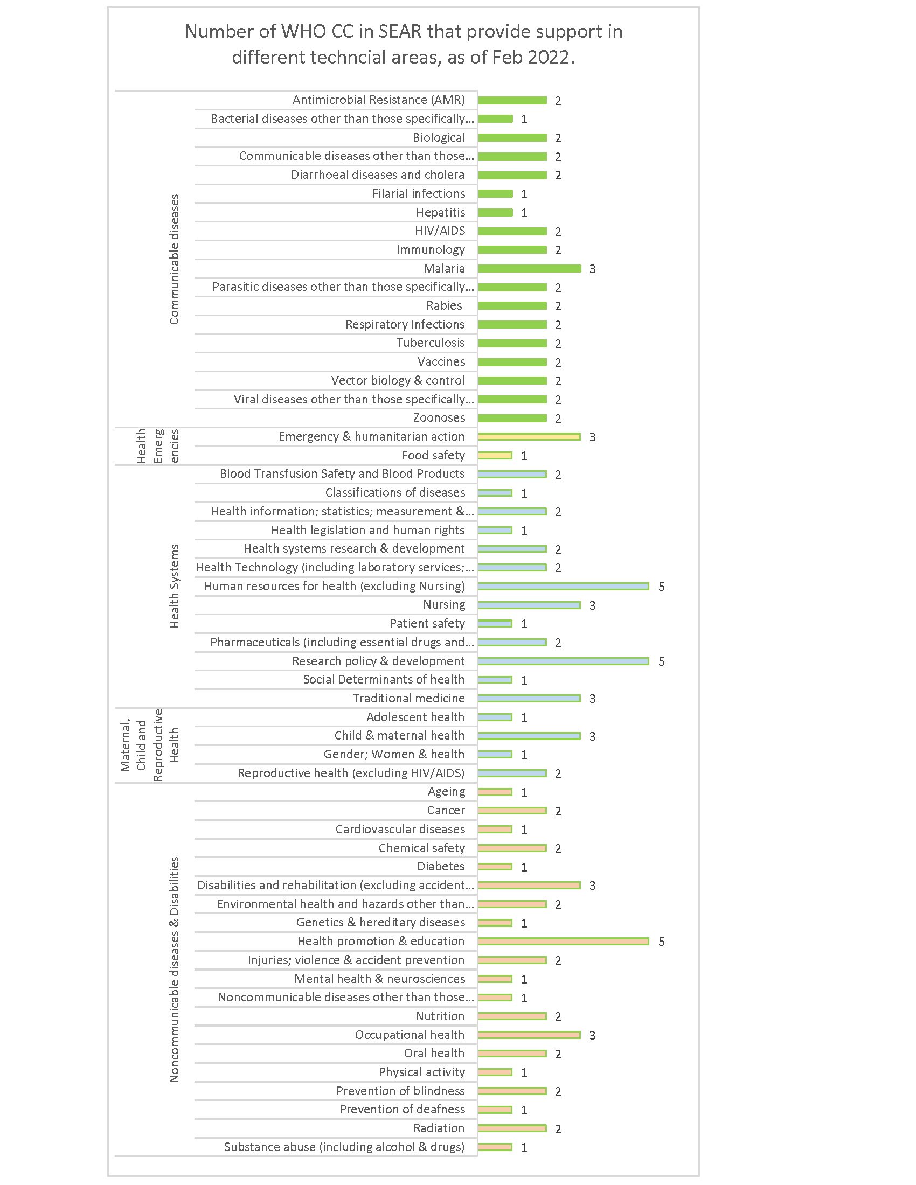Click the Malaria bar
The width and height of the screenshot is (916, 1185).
coord(529,269)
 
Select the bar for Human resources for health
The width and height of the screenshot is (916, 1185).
coord(563,586)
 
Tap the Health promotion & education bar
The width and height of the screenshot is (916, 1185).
coord(563,941)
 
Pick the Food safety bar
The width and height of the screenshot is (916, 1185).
coord(495,455)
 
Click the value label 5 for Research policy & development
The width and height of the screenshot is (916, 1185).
coord(661,661)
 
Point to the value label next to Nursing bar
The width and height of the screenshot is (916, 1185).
coord(592,605)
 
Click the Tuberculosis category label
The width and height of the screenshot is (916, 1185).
coord(430,343)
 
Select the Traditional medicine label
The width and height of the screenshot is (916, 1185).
coord(408,698)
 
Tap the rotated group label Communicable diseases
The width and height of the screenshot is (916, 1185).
coord(174,260)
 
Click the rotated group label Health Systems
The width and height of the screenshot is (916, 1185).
coord(174,586)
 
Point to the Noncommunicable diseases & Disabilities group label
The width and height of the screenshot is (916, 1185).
coord(174,969)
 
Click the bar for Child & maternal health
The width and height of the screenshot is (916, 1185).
coord(529,736)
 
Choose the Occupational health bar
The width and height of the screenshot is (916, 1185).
coord(529,1035)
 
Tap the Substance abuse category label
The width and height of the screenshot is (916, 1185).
coord(344,1147)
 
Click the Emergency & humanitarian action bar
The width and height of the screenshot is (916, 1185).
coord(529,437)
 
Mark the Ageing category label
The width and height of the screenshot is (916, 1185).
coord(446,792)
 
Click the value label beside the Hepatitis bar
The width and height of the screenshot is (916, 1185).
coord(524,213)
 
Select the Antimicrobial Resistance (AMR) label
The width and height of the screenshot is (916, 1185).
coord(378,100)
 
